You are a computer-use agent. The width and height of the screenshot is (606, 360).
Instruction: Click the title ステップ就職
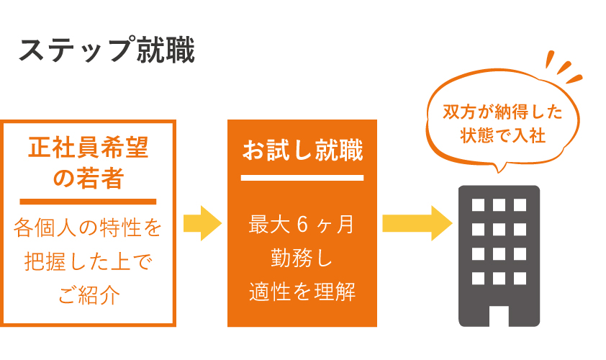[x=107, y=50]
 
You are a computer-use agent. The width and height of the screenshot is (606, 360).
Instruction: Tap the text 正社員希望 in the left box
[x=88, y=148]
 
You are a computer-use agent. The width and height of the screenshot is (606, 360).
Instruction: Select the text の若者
[x=88, y=178]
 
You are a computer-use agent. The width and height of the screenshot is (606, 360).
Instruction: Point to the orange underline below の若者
[x=88, y=202]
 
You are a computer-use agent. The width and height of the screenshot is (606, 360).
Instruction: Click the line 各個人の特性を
[x=88, y=227]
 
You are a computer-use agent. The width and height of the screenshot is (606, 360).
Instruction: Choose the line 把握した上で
[x=89, y=261]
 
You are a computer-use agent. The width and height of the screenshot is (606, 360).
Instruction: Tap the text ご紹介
[x=89, y=295]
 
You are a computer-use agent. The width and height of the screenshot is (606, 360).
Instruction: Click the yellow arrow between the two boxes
[x=202, y=223]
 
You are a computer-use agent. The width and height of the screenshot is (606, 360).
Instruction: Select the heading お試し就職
[x=302, y=150]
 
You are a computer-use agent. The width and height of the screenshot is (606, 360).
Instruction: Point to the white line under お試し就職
[x=302, y=178]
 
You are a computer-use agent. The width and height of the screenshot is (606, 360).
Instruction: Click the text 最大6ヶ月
[x=301, y=224]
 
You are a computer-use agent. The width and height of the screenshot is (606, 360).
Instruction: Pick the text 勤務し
[x=302, y=258]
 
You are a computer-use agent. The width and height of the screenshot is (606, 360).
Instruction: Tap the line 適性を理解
[x=302, y=292]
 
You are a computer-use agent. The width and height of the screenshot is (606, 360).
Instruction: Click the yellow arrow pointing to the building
[x=417, y=223]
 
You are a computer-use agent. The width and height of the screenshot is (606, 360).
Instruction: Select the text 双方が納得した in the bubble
[x=502, y=112]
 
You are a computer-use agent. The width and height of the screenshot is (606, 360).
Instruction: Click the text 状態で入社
[x=502, y=135]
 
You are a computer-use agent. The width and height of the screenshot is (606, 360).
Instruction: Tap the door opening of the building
[x=499, y=316]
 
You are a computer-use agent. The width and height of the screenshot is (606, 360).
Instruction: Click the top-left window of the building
[x=478, y=205]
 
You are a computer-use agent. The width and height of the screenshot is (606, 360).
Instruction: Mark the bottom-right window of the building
[x=520, y=279]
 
